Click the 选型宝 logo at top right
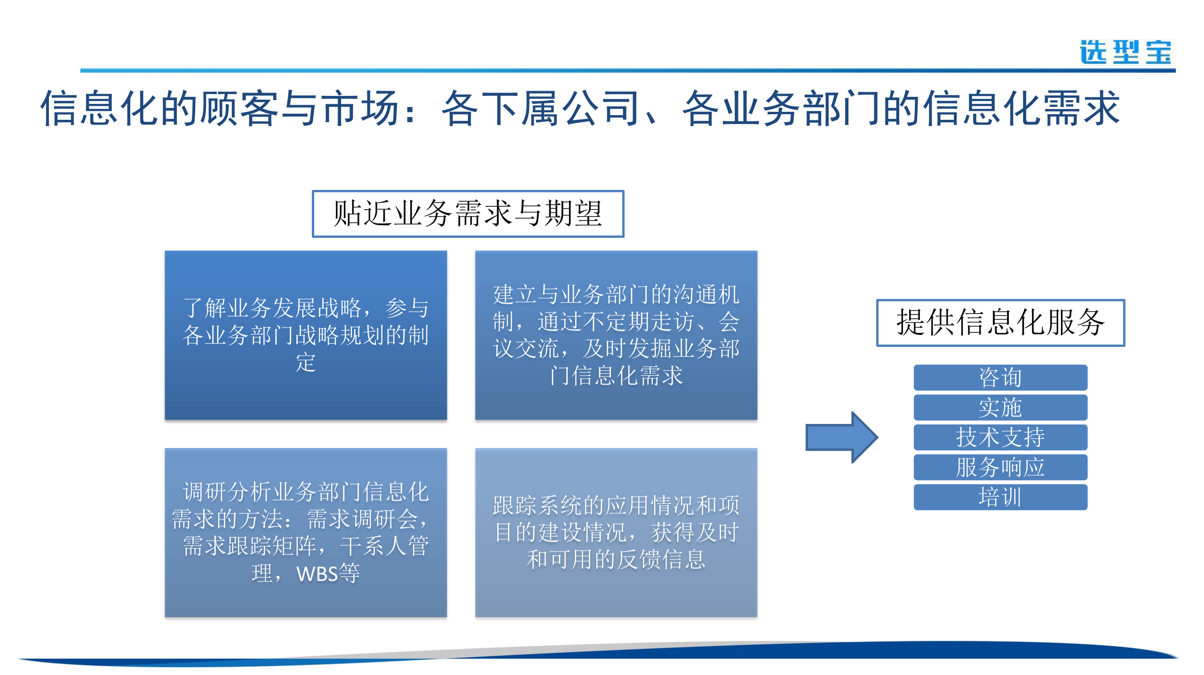point(1125,52)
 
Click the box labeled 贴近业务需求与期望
point(467,214)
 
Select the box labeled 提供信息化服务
point(1000,322)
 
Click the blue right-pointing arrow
point(841,437)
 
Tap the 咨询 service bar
point(1000,377)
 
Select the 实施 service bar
point(1000,408)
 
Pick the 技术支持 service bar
point(1000,437)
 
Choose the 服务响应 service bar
point(1000,467)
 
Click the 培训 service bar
point(1000,497)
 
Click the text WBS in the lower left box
point(317,574)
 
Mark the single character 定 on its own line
point(306,362)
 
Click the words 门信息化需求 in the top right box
point(616,376)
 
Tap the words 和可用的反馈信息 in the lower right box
point(616,560)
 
